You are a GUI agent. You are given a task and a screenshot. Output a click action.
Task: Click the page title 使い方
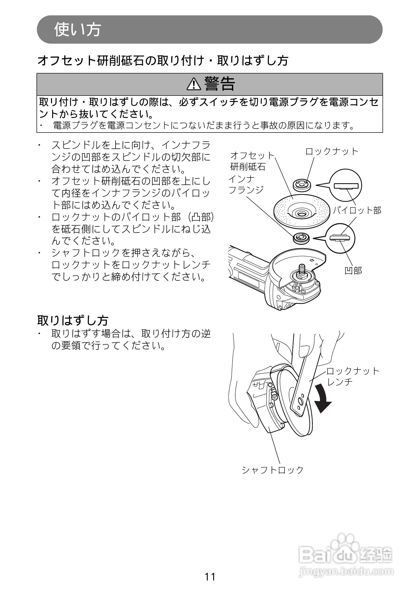point(77,29)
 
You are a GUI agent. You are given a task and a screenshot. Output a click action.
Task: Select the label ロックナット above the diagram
point(332,151)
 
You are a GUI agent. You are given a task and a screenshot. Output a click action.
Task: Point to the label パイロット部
point(357,210)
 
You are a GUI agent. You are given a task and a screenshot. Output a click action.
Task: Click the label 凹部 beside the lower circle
point(353,271)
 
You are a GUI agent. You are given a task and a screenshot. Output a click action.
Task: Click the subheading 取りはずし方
point(73,320)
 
